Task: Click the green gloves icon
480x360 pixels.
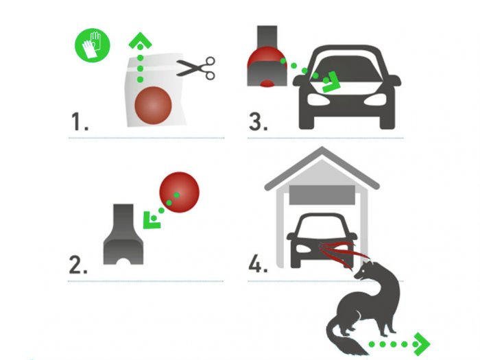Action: click(93, 45)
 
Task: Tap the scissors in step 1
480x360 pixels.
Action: click(196, 69)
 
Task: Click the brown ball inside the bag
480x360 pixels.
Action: click(153, 106)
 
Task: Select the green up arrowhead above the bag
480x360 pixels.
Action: click(140, 40)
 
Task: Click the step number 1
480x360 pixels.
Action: click(80, 122)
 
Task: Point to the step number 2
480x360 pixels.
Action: click(78, 265)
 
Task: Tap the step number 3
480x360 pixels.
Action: click(259, 122)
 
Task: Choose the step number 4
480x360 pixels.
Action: click(258, 264)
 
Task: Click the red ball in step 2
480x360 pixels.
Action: click(180, 192)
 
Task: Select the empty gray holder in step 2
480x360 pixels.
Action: click(123, 234)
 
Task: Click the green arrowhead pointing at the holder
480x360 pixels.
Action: click(152, 220)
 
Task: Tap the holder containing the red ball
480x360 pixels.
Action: click(267, 56)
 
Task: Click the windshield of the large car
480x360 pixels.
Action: click(346, 69)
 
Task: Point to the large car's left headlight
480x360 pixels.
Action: click(318, 99)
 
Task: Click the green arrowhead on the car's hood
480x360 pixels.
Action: click(332, 82)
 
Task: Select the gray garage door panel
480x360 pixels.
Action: click(322, 195)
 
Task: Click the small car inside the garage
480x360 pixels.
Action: click(322, 240)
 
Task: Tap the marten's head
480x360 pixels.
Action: click(363, 269)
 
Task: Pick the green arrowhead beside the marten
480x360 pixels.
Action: click(422, 344)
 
